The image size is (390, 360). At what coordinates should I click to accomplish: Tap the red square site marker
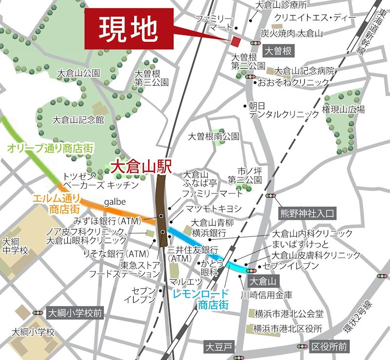(x=236, y=41)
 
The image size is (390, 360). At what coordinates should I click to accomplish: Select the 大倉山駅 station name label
(x=141, y=167)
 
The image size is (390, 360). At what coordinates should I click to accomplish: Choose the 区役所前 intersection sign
(x=330, y=347)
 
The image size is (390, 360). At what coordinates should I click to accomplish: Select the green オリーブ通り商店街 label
(x=50, y=147)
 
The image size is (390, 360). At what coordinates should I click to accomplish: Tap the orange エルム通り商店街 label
(x=56, y=204)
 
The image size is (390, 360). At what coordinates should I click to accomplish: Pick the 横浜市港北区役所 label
(x=288, y=329)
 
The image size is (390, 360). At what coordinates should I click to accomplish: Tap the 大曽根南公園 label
(x=214, y=136)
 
